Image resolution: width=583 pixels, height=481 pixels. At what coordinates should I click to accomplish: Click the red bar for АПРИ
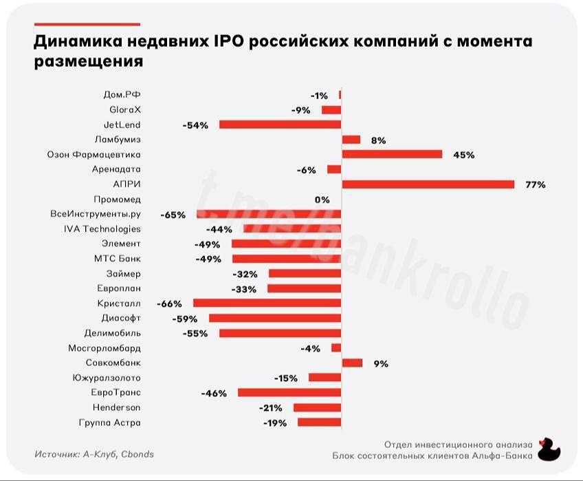(428, 184)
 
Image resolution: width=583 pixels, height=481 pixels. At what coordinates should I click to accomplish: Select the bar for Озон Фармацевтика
(392, 154)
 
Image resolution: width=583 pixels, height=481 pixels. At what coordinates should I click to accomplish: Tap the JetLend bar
(280, 125)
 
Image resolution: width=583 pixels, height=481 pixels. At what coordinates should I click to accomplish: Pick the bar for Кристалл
(267, 303)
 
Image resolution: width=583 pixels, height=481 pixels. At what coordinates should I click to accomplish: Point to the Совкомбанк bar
(352, 363)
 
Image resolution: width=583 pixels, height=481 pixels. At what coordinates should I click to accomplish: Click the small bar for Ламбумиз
(351, 140)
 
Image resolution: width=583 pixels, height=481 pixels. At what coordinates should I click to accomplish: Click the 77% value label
(536, 184)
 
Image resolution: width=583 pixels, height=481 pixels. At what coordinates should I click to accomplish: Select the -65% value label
(173, 215)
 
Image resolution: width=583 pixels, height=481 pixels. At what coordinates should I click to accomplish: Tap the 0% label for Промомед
(322, 200)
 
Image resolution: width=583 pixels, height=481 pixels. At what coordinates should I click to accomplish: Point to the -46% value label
(214, 393)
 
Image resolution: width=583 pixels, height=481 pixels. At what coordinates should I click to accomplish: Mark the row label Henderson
(116, 407)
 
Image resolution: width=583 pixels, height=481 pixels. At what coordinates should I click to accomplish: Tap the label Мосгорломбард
(104, 348)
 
